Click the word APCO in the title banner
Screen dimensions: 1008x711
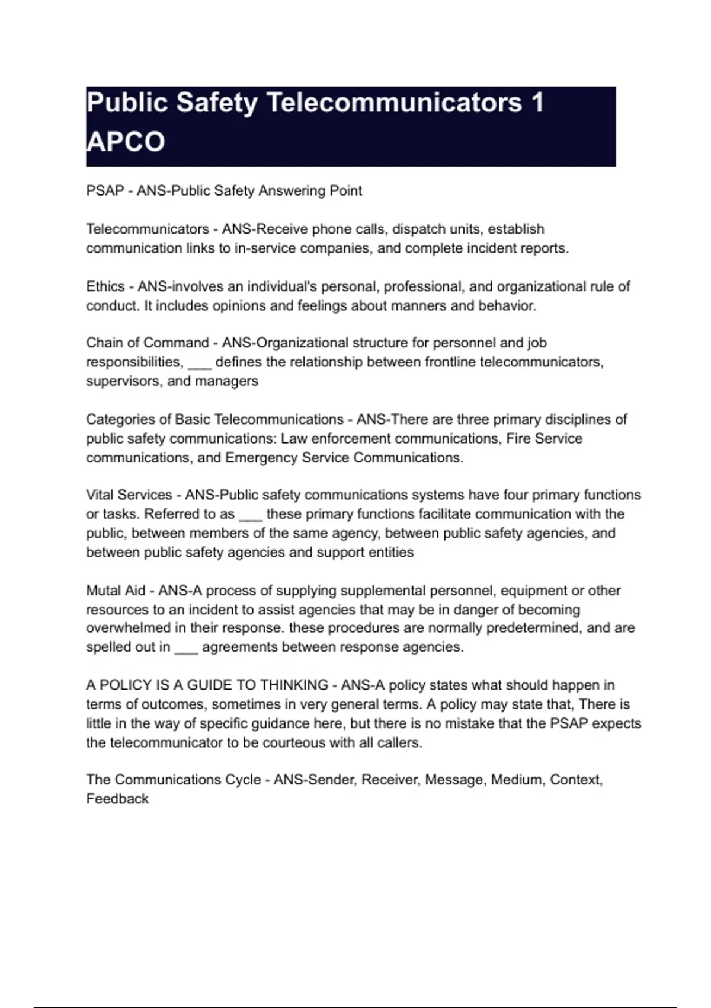pyautogui.click(x=126, y=142)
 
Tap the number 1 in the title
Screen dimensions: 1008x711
pyautogui.click(x=537, y=103)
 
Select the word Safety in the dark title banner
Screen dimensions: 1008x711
pyautogui.click(x=217, y=103)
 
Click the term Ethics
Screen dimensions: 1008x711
pyautogui.click(x=105, y=286)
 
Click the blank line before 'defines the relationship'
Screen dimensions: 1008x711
pyautogui.click(x=199, y=363)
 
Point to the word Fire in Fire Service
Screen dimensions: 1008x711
pyautogui.click(x=518, y=439)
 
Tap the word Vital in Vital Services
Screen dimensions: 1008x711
pyautogui.click(x=100, y=495)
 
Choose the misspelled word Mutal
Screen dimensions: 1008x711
pyautogui.click(x=104, y=591)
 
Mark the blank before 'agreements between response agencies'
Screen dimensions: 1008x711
pyautogui.click(x=186, y=648)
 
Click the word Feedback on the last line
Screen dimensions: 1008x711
pyautogui.click(x=117, y=799)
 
